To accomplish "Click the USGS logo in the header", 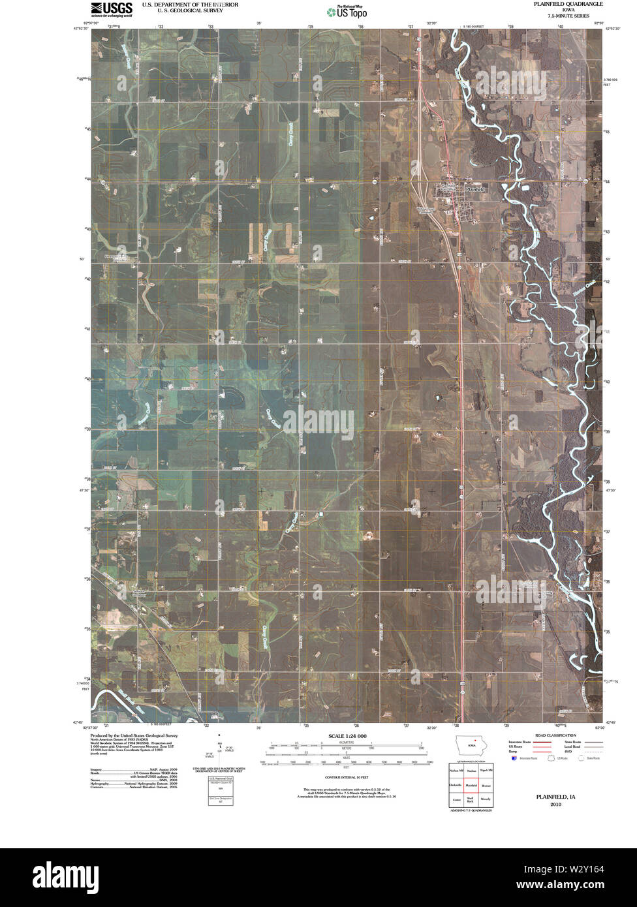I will tap(112, 8).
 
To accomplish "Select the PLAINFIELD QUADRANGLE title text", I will tap(565, 4).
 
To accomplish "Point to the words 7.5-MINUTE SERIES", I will tap(565, 16).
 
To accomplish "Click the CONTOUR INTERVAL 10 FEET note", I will tap(344, 778).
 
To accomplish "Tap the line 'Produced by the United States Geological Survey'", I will tap(133, 735).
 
